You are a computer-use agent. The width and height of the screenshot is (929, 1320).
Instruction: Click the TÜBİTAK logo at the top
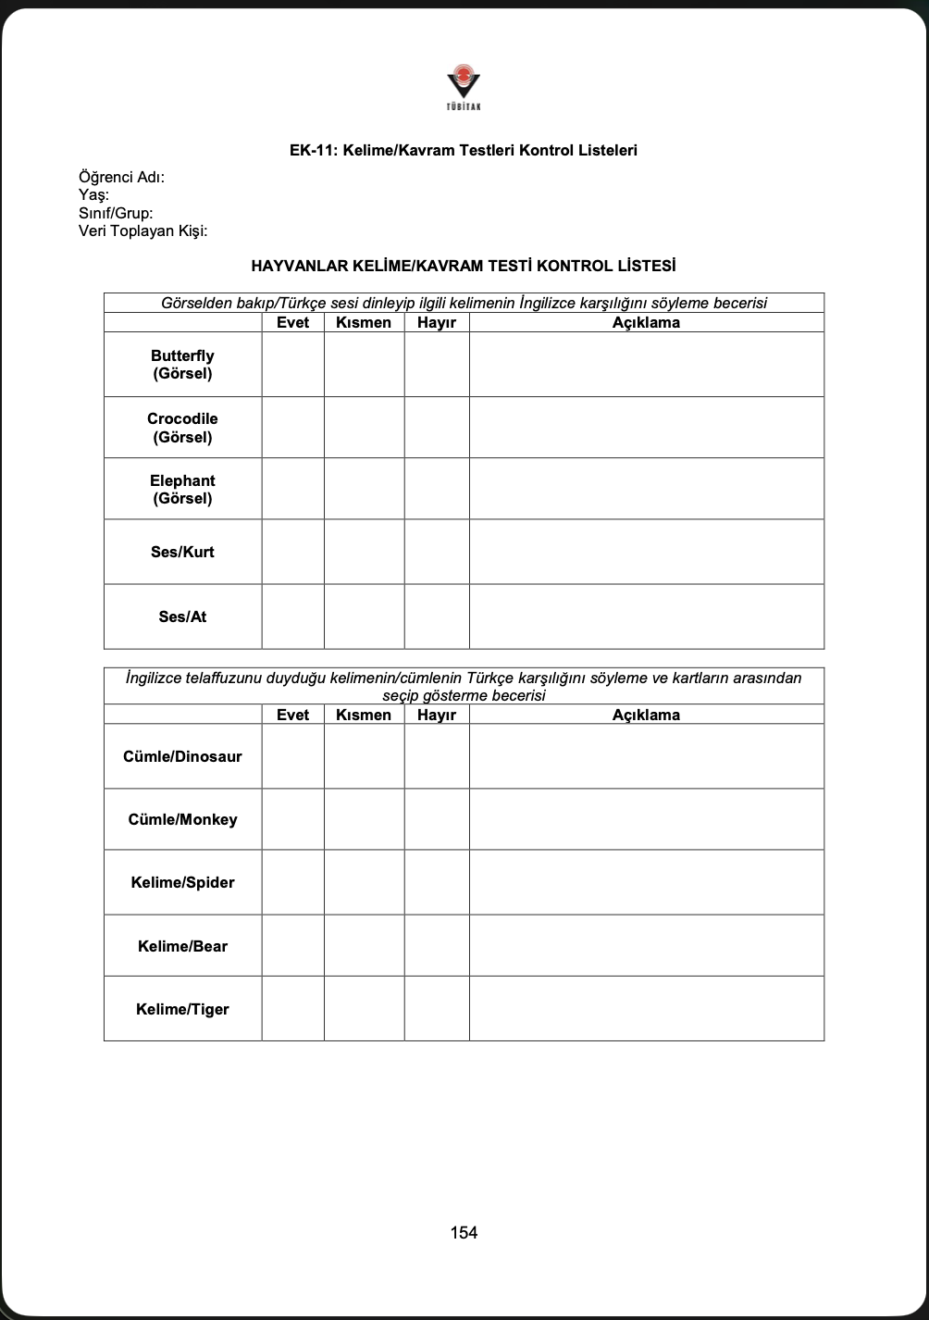click(x=464, y=86)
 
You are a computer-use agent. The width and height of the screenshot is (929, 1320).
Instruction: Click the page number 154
click(x=464, y=1232)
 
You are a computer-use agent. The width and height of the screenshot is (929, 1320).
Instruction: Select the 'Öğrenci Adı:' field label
click(x=121, y=178)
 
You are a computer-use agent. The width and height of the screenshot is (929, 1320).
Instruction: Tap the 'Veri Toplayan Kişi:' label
click(x=142, y=230)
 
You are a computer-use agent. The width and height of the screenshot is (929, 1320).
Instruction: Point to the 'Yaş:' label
click(x=93, y=195)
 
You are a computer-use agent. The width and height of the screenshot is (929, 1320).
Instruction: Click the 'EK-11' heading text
click(x=464, y=150)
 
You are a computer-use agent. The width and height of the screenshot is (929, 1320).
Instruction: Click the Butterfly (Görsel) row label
click(x=182, y=365)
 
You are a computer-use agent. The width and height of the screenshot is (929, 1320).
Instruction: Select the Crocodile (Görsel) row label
click(x=182, y=428)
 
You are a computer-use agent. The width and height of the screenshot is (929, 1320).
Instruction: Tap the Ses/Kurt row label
click(x=182, y=552)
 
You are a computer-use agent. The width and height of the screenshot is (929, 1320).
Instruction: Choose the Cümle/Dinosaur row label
click(x=182, y=756)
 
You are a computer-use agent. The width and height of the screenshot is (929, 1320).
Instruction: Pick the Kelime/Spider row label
click(x=182, y=882)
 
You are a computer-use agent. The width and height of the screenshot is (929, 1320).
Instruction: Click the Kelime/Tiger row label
click(x=182, y=1009)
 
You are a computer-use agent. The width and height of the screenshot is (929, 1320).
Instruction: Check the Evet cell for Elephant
click(x=292, y=489)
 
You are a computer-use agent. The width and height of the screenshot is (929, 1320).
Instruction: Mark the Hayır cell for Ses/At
click(x=437, y=616)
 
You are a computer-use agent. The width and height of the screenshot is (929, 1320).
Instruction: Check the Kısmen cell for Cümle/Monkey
click(x=364, y=819)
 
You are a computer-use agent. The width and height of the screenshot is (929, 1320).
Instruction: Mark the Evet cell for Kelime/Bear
click(x=292, y=946)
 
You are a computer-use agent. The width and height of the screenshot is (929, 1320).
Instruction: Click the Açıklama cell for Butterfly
click(x=646, y=365)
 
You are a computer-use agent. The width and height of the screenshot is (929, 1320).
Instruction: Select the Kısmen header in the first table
click(x=364, y=323)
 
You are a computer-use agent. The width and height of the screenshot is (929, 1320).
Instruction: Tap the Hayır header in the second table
click(x=437, y=715)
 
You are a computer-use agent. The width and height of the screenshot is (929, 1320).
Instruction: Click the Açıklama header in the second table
click(x=646, y=715)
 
